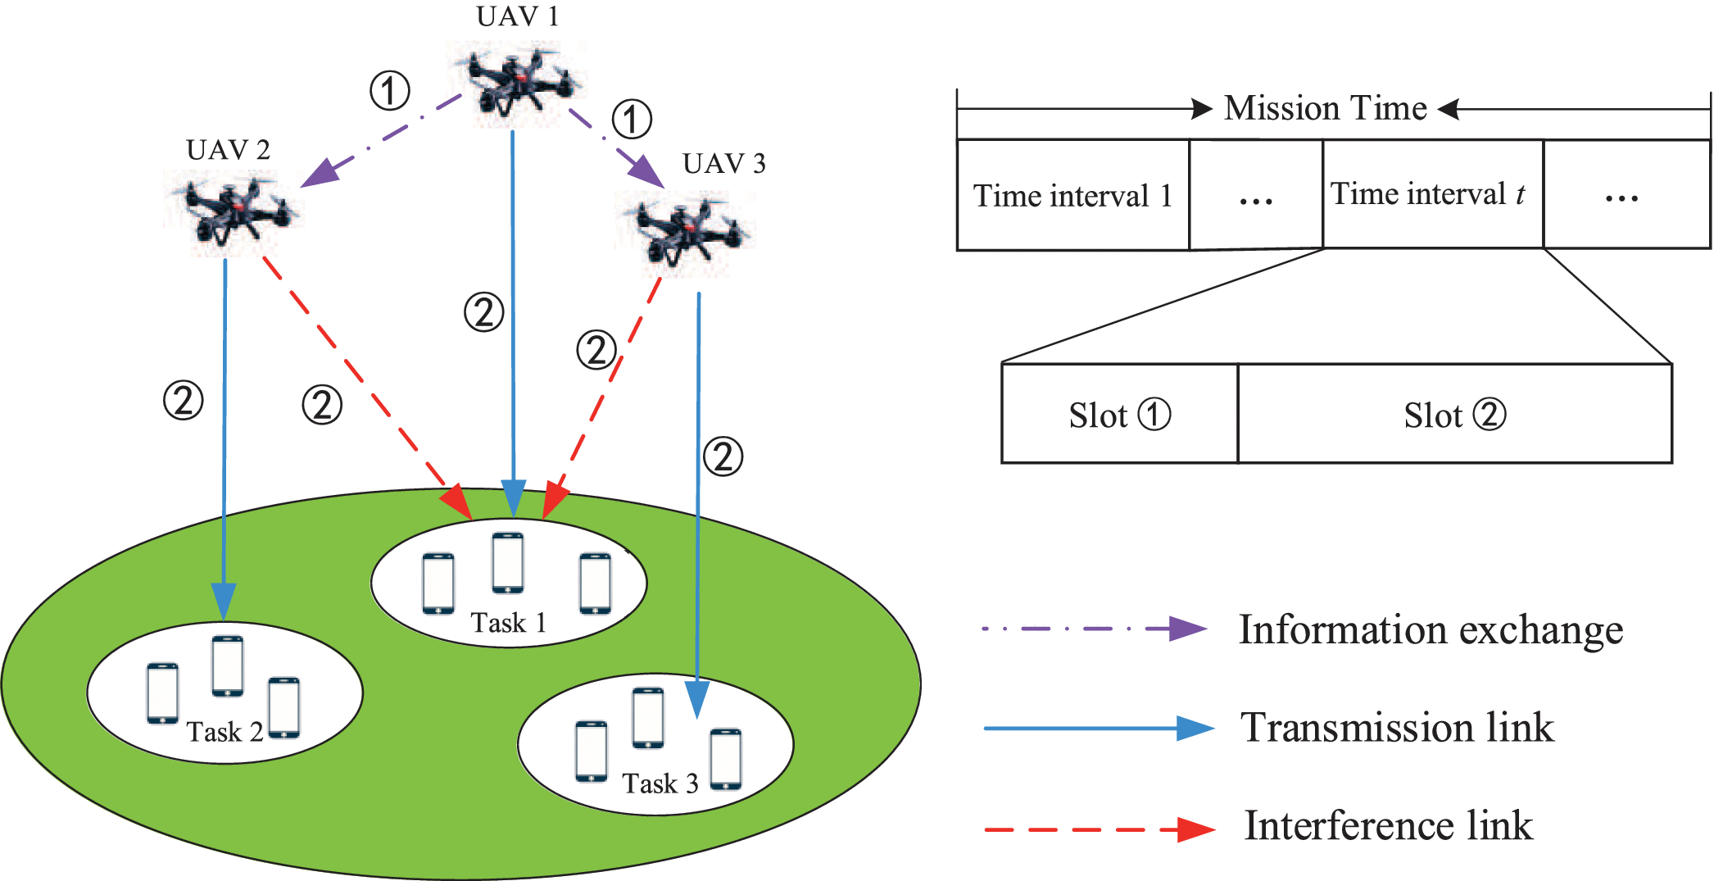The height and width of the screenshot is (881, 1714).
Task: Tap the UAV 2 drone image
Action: coord(232,211)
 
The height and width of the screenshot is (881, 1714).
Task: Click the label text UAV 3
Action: coord(723,164)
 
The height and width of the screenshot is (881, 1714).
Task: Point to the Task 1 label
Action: coord(508,623)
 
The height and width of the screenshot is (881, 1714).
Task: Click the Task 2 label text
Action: coord(224,732)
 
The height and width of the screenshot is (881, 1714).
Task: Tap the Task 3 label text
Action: coord(660,783)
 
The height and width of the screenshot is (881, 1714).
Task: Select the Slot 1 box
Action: coord(1119,415)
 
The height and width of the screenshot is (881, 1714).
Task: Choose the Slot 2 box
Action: coord(1454,415)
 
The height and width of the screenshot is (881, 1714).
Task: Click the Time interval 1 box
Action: coord(1072,196)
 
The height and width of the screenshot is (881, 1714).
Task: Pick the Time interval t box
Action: coord(1432,194)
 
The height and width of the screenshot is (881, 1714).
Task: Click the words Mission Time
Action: coord(1325,108)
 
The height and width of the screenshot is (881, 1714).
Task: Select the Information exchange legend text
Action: coord(1431,630)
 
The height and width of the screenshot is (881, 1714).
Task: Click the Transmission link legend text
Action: coord(1397,728)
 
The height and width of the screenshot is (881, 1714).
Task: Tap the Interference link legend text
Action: coord(1388,825)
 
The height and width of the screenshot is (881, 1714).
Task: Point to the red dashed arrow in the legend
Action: coord(1098,829)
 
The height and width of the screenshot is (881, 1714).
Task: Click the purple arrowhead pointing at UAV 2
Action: coord(319,173)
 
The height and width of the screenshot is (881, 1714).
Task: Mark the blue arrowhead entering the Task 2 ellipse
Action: coord(224,601)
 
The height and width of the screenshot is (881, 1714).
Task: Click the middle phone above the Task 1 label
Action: coord(508,562)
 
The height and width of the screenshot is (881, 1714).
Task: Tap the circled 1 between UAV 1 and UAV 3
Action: coord(632,120)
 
